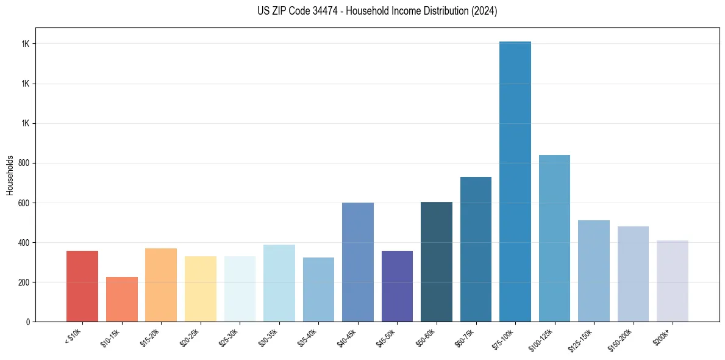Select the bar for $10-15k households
pos(121,299)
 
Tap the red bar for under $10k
pos(82,286)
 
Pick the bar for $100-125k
pos(554,238)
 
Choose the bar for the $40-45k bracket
pos(358,262)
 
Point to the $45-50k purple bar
pos(397,286)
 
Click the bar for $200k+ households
pos(672,281)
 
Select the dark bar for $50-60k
pos(437,262)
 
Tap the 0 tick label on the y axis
pos(28,322)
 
